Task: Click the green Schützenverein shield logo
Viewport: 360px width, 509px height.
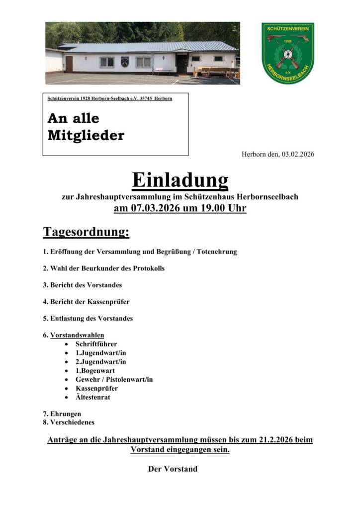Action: point(288,52)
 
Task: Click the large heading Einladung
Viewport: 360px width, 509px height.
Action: point(180,180)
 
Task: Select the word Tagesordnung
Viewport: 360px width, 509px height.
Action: point(86,232)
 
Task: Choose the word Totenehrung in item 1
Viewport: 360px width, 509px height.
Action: point(214,252)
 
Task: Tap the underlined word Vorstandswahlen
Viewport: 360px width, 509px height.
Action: point(77,335)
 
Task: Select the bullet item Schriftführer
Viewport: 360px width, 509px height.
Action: point(96,344)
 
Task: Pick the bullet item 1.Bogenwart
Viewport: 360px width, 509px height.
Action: point(95,371)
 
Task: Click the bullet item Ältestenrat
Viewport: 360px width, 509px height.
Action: point(93,398)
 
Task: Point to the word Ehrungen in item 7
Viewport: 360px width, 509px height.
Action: point(66,414)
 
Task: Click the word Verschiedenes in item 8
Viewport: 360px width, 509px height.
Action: point(72,423)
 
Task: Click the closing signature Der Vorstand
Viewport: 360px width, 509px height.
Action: point(173,469)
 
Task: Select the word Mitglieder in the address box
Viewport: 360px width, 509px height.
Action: point(86,135)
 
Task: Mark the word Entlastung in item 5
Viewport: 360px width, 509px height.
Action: point(68,318)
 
